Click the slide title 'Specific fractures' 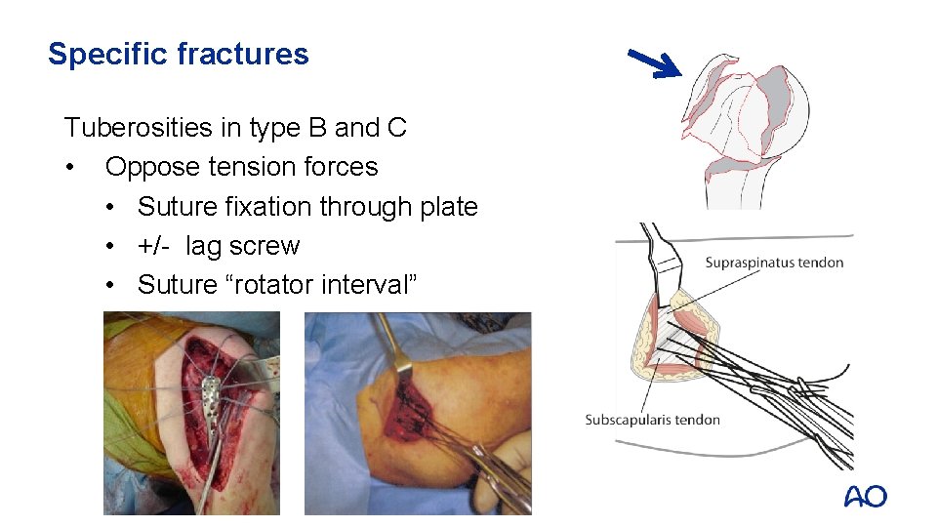(178, 54)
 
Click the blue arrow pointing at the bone (654, 62)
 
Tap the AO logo (865, 497)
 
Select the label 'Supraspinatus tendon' (774, 262)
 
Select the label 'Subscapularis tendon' (652, 420)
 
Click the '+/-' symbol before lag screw (156, 246)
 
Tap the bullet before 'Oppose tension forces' (70, 167)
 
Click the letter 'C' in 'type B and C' (396, 127)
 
